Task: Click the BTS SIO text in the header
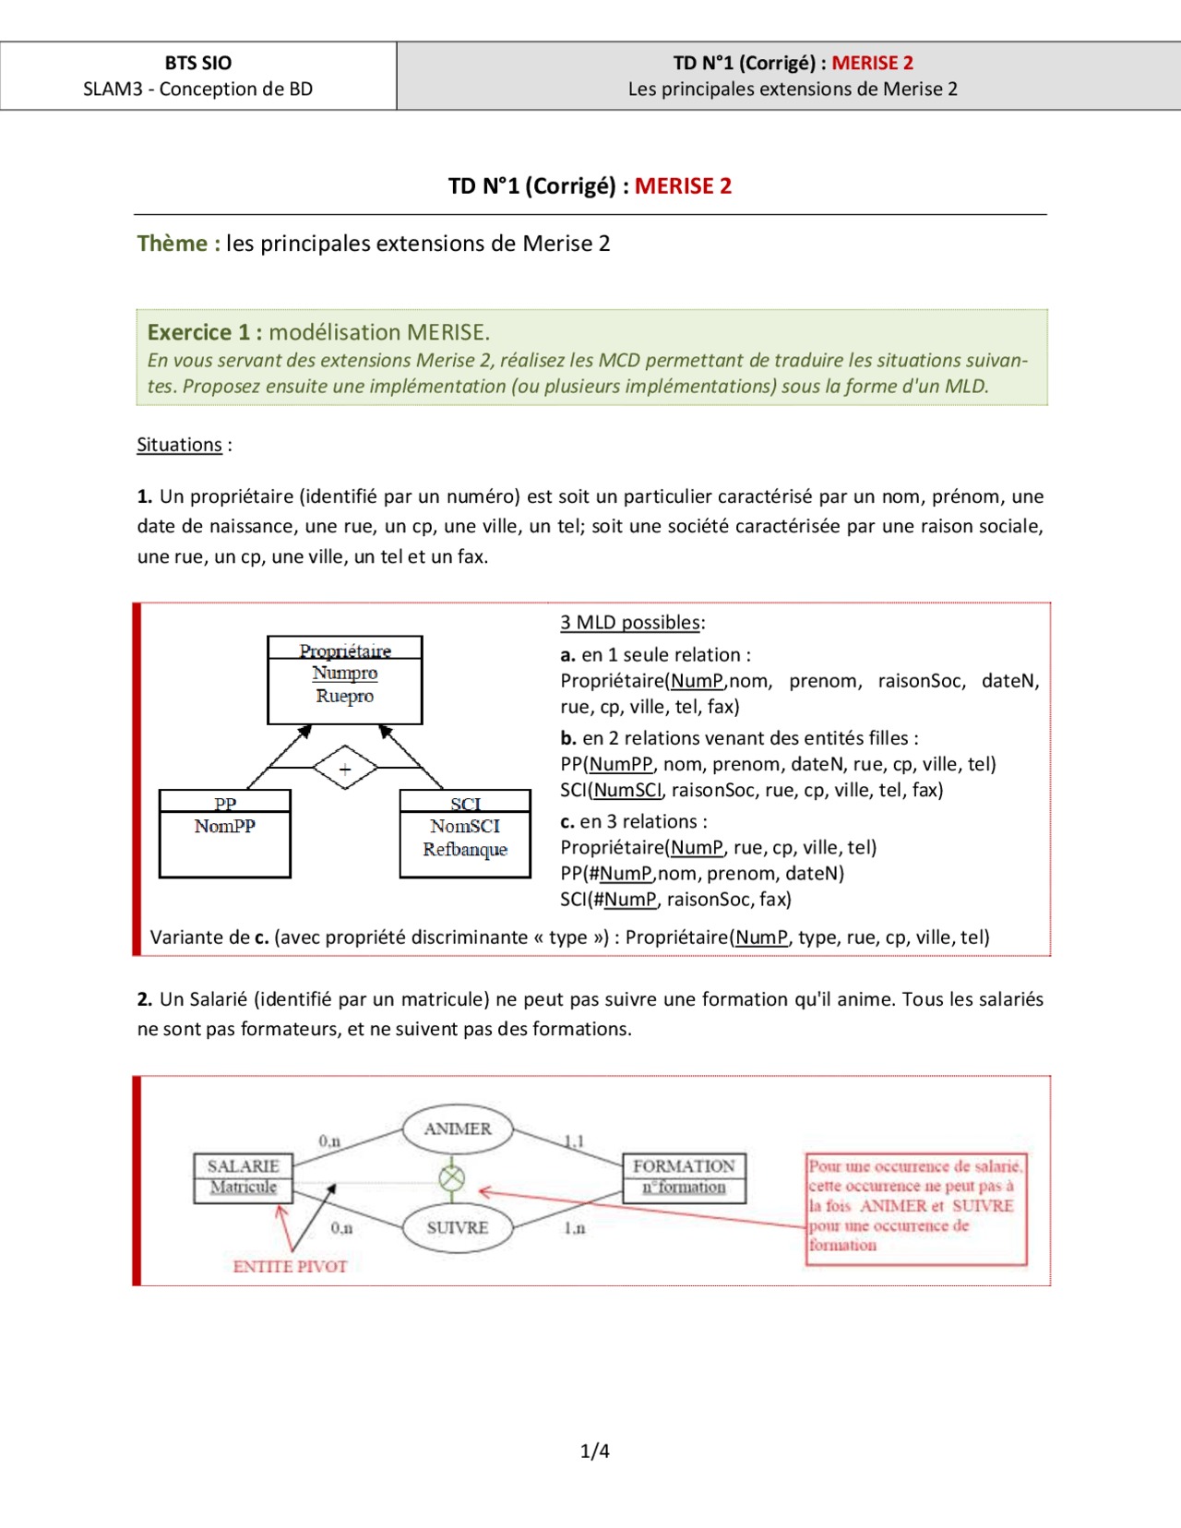[x=197, y=63]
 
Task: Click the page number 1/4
[x=594, y=1450]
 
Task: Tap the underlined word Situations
[x=179, y=445]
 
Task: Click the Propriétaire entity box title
[x=344, y=650]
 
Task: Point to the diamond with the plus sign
[x=344, y=768]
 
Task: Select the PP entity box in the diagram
[x=224, y=833]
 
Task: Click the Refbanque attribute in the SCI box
[x=465, y=849]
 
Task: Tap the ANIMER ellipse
[x=458, y=1129]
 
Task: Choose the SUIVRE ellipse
[x=458, y=1228]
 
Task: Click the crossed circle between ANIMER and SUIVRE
[x=451, y=1178]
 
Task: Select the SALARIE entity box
[x=243, y=1177]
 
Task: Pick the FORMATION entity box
[x=684, y=1177]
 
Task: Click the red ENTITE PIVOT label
[x=290, y=1267]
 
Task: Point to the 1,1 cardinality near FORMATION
[x=574, y=1141]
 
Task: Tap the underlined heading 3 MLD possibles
[x=631, y=622]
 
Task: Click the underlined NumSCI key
[x=627, y=790]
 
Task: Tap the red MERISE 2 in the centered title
[x=683, y=186]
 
